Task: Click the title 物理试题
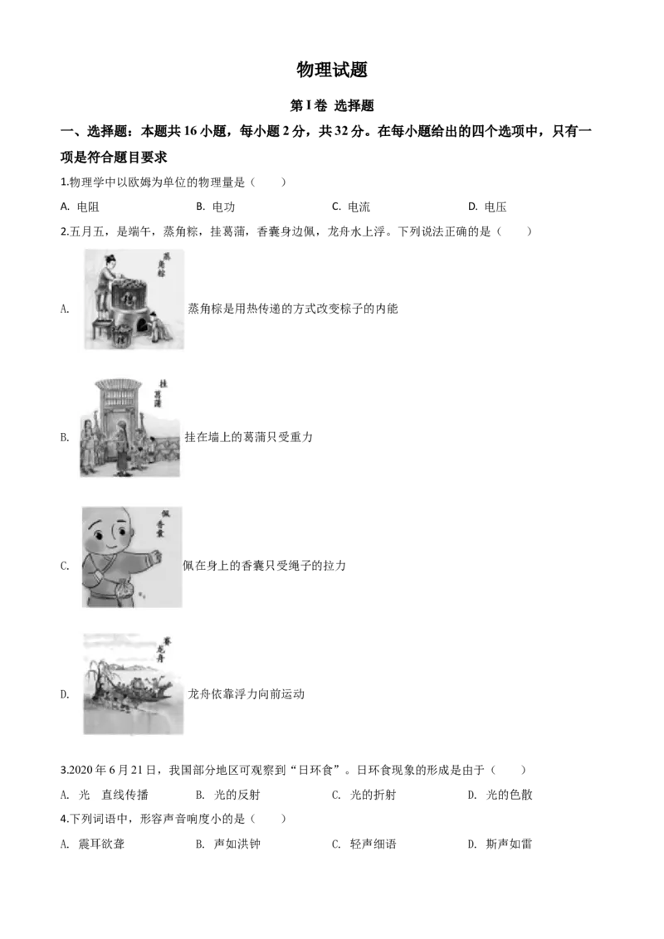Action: point(332,70)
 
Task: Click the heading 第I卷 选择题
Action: point(332,105)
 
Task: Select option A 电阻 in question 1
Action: point(80,207)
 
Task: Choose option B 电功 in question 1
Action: point(215,207)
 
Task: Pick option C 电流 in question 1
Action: point(351,207)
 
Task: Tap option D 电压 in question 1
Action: point(487,207)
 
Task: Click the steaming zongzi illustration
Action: point(134,299)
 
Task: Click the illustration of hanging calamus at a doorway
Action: point(130,427)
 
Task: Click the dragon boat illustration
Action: point(133,684)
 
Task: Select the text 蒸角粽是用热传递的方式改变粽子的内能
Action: point(293,309)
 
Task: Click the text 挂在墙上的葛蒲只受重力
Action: point(249,437)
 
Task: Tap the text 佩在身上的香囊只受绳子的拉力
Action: point(264,566)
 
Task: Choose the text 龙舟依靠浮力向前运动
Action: point(247,694)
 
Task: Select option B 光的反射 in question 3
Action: point(227,795)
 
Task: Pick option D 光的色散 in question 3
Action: point(500,795)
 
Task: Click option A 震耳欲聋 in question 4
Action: point(93,844)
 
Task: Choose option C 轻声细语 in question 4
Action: point(364,844)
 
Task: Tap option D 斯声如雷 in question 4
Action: point(500,844)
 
